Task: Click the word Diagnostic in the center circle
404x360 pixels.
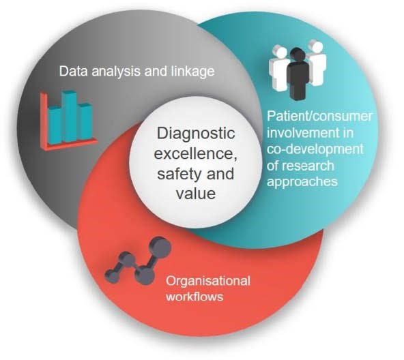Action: point(196,134)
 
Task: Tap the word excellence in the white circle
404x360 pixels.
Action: point(195,153)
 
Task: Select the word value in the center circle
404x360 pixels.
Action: point(196,193)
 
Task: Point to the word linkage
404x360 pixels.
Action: point(192,71)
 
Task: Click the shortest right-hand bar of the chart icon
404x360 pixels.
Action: point(85,121)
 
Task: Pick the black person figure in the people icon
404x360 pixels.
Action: point(298,74)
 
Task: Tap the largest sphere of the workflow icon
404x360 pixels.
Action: point(160,247)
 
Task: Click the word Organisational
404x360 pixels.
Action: point(208,281)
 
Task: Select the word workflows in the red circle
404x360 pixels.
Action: point(194,297)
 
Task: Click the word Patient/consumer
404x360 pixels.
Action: point(319,117)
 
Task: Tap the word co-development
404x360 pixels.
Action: point(315,150)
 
